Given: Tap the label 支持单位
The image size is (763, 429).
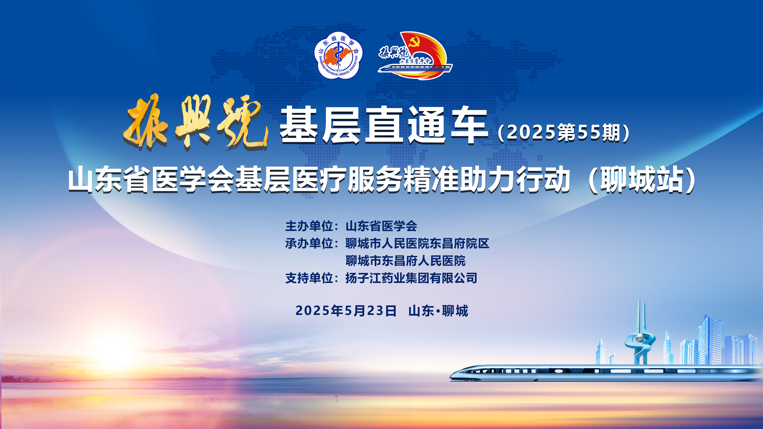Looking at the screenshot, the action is tap(309, 278).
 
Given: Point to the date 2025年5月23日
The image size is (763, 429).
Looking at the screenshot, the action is tap(346, 311).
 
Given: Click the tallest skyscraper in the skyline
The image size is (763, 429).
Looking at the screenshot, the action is tap(711, 340).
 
